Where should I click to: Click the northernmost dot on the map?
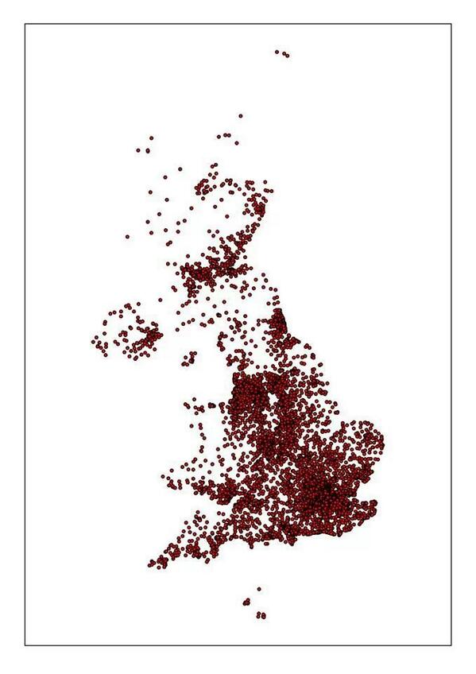(x=277, y=52)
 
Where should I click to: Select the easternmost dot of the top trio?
(x=287, y=56)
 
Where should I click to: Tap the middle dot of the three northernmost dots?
(x=283, y=53)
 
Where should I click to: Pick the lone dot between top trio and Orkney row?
(x=241, y=115)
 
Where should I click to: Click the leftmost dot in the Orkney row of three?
(x=219, y=136)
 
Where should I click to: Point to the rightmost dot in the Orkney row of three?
(x=230, y=134)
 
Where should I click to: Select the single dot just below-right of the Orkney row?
(x=236, y=143)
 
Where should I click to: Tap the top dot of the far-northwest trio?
(x=151, y=138)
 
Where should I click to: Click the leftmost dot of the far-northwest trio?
(x=137, y=150)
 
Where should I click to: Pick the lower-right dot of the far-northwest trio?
(x=149, y=149)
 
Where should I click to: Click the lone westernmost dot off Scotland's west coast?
(x=127, y=236)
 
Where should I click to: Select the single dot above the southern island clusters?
(x=259, y=589)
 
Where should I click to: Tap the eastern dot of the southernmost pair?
(x=264, y=615)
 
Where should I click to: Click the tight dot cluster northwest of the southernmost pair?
(x=246, y=602)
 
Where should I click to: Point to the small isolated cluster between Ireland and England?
(x=189, y=359)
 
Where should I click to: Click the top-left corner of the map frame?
(x=25, y=24)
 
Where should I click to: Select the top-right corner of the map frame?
(x=451, y=24)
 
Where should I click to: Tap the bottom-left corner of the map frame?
(x=25, y=645)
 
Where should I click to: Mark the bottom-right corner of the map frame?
(x=451, y=645)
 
